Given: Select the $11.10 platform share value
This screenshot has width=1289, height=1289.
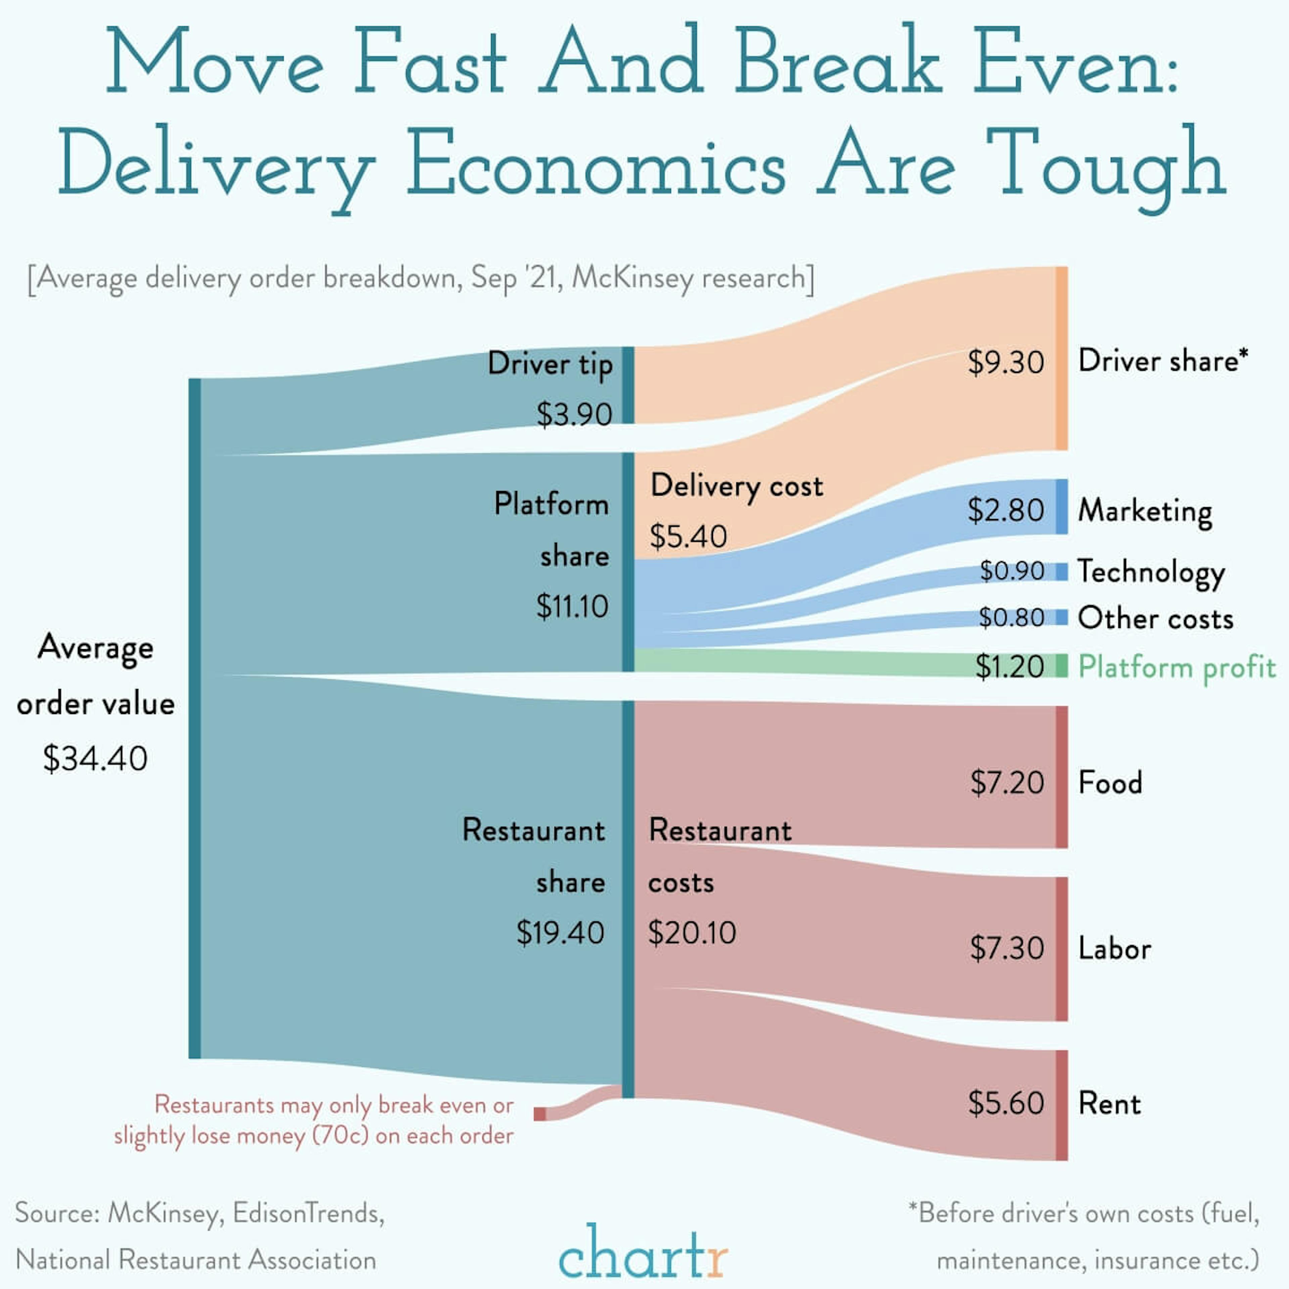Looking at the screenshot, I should [572, 606].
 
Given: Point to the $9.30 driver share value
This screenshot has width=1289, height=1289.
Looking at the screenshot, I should [1005, 362].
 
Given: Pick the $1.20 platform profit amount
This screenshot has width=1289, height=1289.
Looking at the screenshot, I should [1009, 667].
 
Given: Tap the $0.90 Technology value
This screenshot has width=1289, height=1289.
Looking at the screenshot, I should [1011, 571].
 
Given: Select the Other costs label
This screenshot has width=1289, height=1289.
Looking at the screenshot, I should [1155, 618].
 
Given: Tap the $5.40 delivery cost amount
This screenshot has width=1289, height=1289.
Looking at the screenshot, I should [688, 536].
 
